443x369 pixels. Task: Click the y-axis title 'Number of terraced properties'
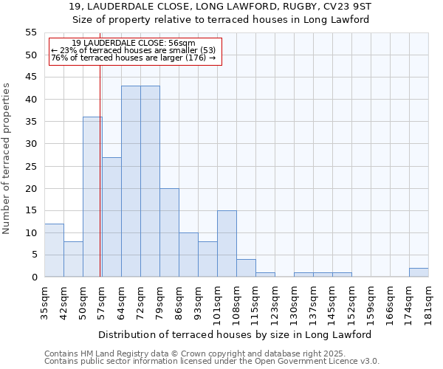click(7, 159)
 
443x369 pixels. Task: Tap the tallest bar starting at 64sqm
click(131, 182)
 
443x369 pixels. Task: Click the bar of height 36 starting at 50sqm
click(92, 197)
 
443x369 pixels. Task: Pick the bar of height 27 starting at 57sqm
click(111, 217)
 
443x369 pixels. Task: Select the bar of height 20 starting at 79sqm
click(169, 232)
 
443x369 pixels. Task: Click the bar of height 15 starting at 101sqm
click(227, 244)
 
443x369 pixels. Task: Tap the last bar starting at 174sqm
click(419, 272)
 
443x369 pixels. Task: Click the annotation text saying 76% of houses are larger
click(134, 58)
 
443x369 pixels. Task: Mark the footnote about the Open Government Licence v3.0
click(212, 362)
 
